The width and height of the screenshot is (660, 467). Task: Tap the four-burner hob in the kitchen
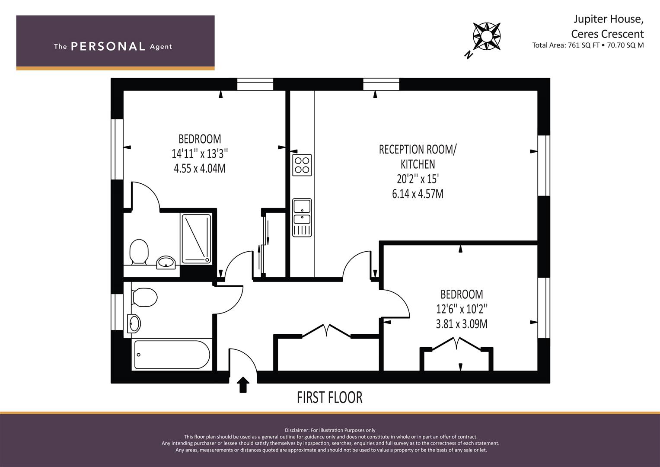tap(302, 165)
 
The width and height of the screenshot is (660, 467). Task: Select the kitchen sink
tap(302, 217)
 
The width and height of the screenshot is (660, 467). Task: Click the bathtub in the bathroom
tap(172, 355)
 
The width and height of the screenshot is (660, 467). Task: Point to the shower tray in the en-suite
tap(196, 239)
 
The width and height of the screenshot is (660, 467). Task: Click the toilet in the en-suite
tap(139, 252)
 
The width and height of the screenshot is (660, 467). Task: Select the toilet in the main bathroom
tap(144, 297)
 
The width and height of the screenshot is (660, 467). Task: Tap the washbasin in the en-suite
tap(166, 262)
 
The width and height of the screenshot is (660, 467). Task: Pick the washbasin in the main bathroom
tap(134, 323)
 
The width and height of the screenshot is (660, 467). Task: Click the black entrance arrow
tap(243, 384)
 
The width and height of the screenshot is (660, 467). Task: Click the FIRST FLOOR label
tap(329, 397)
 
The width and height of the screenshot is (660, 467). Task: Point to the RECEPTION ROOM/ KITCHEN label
tap(418, 157)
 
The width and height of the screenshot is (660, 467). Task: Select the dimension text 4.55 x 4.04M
tap(199, 168)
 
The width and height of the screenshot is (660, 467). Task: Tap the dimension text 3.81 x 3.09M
tap(462, 323)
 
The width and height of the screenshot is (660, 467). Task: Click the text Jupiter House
tap(608, 19)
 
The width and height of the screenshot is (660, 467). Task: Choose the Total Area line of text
tap(588, 45)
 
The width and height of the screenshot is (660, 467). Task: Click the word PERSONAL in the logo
tap(108, 46)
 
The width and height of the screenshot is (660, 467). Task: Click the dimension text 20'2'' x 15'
tap(418, 179)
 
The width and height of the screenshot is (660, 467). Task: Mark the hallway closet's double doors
tap(326, 331)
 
